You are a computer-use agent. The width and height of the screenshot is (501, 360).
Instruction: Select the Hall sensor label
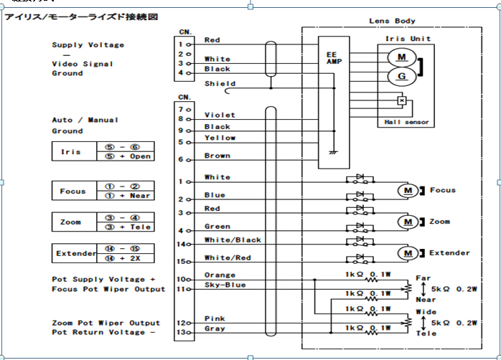point(407,123)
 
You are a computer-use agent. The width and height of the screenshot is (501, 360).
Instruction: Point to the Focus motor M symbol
point(407,191)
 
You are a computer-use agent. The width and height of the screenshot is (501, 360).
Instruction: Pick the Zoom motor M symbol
point(407,222)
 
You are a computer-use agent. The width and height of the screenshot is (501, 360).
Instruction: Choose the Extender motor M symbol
point(407,253)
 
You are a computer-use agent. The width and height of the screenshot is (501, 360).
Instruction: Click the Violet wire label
point(219,115)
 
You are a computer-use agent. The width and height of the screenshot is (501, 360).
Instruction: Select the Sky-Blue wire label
point(225,285)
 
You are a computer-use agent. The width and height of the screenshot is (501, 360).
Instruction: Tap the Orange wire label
point(220,275)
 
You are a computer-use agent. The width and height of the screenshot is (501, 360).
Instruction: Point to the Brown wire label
point(217,155)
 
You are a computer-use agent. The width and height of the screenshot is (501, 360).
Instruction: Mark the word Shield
point(219,83)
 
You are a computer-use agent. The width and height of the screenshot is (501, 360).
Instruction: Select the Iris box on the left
point(71,152)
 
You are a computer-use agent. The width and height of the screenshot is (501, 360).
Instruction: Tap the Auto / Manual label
point(85,120)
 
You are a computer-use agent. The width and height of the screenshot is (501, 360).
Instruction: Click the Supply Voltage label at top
point(88,45)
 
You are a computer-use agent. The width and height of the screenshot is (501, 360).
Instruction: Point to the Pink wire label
point(215,318)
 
